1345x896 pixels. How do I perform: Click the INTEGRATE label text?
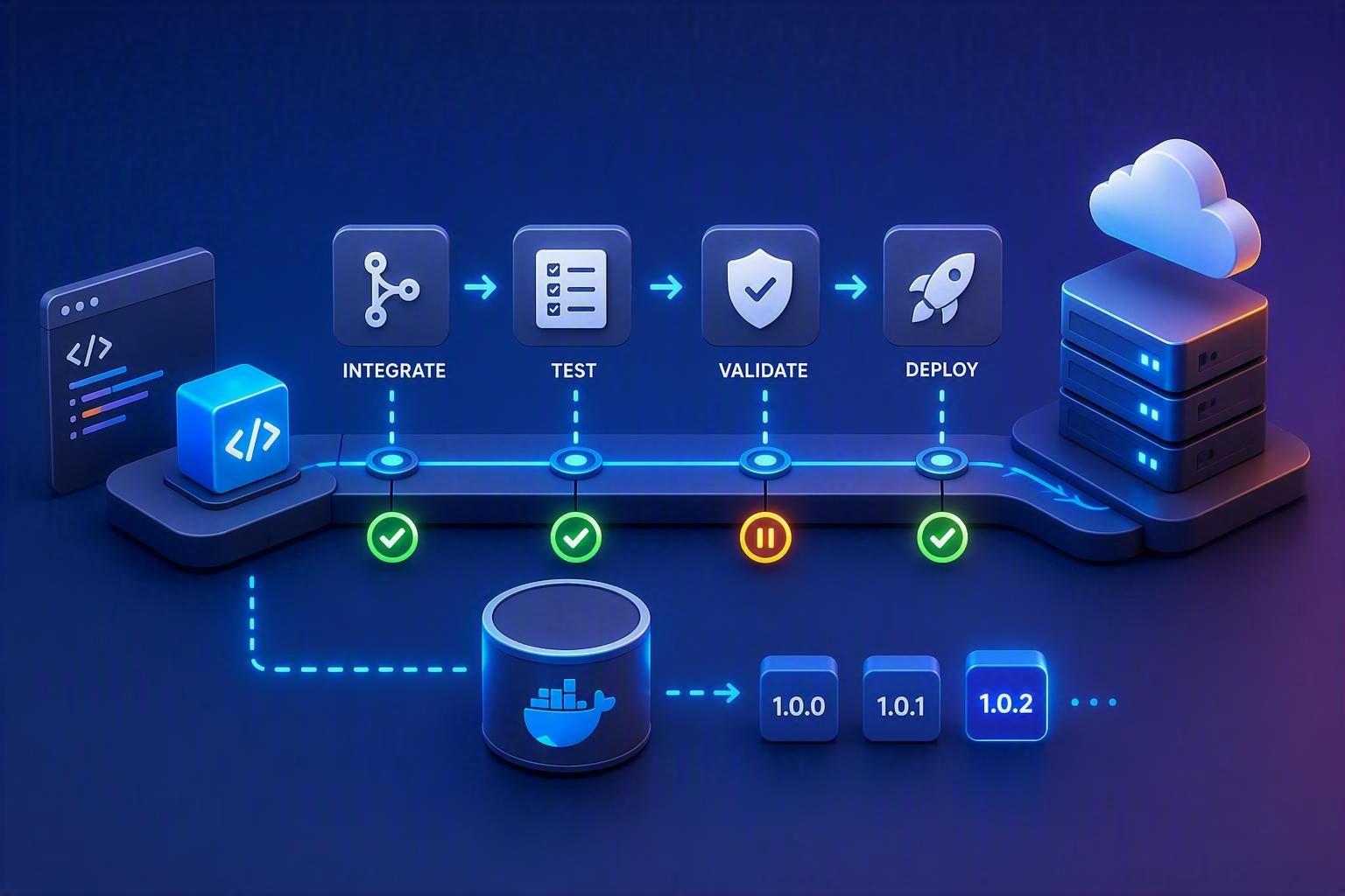click(394, 370)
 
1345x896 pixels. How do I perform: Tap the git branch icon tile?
click(391, 285)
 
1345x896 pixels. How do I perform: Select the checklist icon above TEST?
click(571, 290)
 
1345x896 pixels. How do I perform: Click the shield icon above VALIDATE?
click(759, 288)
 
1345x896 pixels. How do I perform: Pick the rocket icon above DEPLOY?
click(941, 288)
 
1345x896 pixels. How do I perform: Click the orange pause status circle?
click(764, 538)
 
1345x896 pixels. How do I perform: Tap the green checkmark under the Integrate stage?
click(392, 538)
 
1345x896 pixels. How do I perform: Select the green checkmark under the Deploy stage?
click(941, 538)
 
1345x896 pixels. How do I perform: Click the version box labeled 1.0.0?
click(799, 698)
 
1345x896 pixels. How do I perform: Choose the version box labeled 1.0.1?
click(901, 698)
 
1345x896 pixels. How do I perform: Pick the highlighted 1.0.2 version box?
click(1006, 696)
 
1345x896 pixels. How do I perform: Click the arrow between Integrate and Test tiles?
click(481, 287)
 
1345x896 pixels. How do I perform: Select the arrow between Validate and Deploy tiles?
click(850, 287)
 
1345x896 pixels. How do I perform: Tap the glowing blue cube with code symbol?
click(233, 427)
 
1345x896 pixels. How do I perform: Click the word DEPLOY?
click(941, 369)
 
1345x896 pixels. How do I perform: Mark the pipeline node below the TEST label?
click(575, 461)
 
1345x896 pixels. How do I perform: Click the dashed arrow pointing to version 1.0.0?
click(703, 693)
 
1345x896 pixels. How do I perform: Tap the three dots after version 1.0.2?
click(1094, 702)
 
